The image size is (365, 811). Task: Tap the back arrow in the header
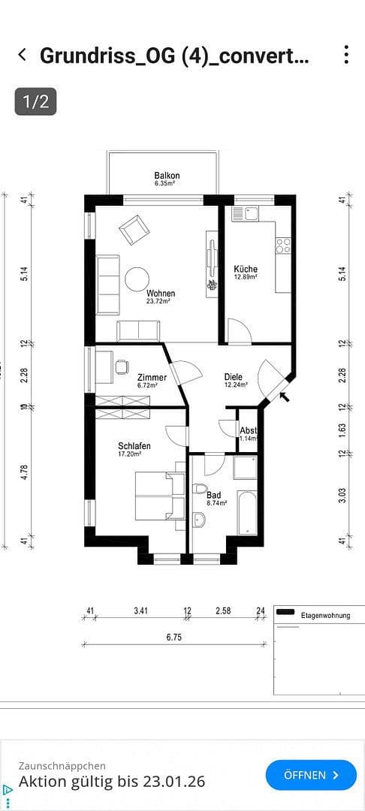(x=23, y=55)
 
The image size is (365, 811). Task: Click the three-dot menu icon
(x=345, y=55)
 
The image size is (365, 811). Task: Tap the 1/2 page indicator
(x=35, y=101)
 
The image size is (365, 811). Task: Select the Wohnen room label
(x=161, y=294)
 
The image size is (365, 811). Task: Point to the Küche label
(x=246, y=270)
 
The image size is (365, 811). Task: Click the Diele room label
(x=234, y=378)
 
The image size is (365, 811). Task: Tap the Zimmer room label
(x=152, y=378)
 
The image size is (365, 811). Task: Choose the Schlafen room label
(x=134, y=446)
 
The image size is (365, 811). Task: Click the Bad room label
(x=213, y=496)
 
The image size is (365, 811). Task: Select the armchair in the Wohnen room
(x=134, y=229)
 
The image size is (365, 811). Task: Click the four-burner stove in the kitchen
(x=283, y=244)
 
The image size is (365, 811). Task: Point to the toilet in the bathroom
(x=199, y=489)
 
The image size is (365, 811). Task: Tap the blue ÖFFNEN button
(x=311, y=774)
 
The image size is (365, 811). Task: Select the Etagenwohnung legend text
(x=325, y=616)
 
